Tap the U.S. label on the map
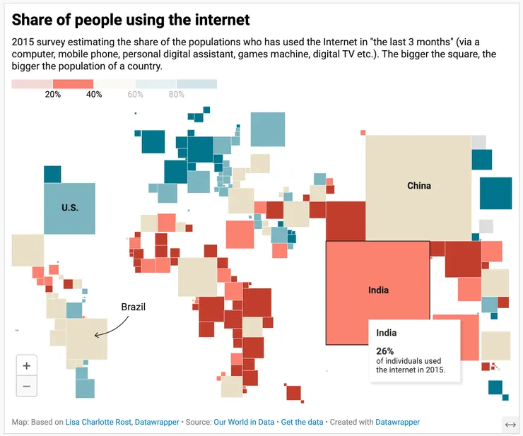tap(70, 208)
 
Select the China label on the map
tap(419, 186)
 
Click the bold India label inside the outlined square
tap(378, 290)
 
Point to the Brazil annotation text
tap(134, 307)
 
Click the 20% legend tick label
tap(52, 95)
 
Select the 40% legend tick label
tap(94, 95)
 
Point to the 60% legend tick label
tap(135, 95)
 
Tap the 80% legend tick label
tap(176, 95)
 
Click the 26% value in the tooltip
tap(385, 350)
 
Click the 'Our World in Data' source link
tap(244, 422)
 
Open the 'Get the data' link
tap(302, 422)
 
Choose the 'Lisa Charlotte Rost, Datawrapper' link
tap(122, 422)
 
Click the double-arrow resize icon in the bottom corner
tap(510, 424)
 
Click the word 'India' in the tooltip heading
tap(387, 333)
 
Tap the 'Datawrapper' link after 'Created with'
tap(397, 422)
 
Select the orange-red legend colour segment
tap(73, 84)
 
